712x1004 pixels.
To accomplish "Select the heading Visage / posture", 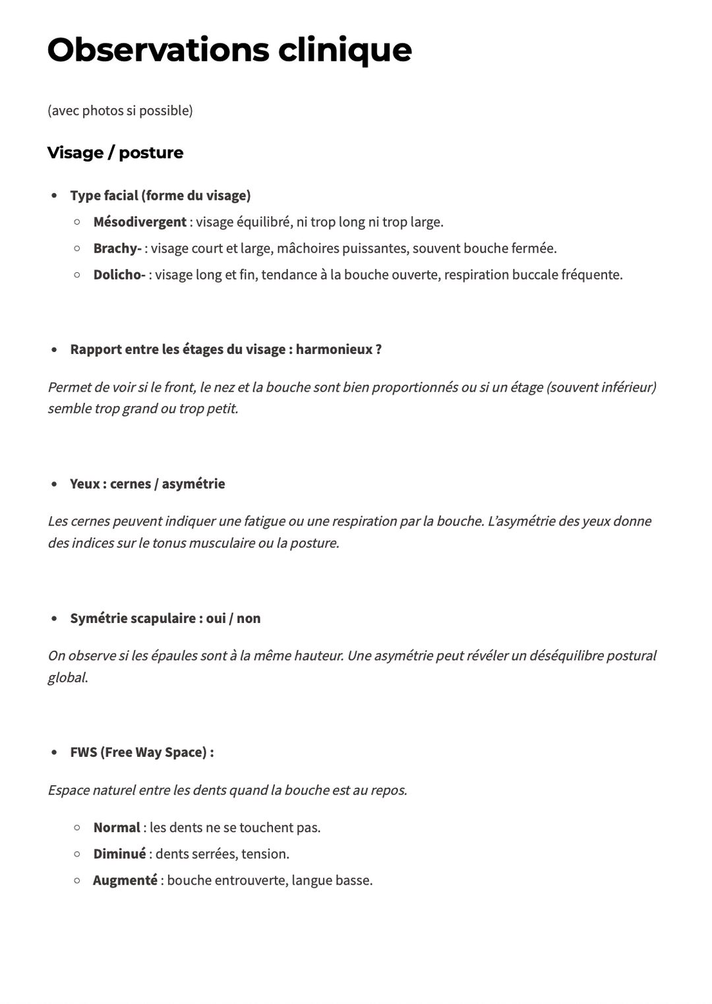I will tap(115, 153).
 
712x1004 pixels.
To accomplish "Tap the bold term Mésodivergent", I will tap(140, 222).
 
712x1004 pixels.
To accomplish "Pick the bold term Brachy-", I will tap(117, 249).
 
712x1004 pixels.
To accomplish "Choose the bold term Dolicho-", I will tap(119, 275).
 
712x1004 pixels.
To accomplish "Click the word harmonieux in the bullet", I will tap(334, 349).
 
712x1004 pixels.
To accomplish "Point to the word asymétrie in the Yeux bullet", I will tap(193, 484).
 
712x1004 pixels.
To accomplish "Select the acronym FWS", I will tap(83, 752).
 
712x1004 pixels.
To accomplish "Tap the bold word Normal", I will tap(117, 828).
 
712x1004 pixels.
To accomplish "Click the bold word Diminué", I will tap(119, 854).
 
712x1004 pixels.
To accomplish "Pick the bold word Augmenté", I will tap(125, 881).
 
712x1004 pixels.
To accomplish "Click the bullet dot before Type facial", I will tap(54, 196).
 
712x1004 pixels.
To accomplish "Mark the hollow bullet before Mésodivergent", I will tap(77, 222).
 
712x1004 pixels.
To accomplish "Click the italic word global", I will tap(67, 678).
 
